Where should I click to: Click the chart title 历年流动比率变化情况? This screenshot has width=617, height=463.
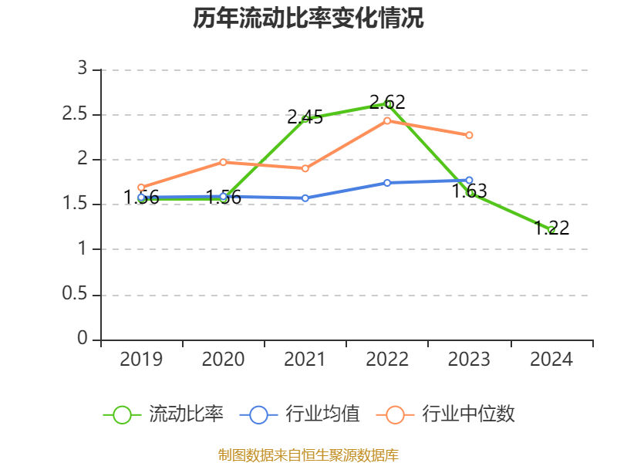(308, 19)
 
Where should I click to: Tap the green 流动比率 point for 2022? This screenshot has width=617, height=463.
(388, 104)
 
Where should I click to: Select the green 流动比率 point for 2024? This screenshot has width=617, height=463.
(551, 229)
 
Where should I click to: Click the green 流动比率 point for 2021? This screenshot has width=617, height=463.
(305, 119)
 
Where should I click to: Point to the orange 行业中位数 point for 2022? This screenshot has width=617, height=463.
(388, 120)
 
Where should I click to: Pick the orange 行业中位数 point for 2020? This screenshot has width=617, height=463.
(224, 162)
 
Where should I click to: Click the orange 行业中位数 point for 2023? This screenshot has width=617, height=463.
(469, 135)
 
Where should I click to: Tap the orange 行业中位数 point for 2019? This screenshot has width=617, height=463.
(141, 187)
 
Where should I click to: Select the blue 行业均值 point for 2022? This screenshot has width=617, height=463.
(387, 183)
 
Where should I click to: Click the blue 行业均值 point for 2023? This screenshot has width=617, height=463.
(469, 180)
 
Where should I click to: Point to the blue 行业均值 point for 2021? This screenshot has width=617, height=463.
(305, 198)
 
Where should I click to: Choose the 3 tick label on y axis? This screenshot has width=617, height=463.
(83, 69)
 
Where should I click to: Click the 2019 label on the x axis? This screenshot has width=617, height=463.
(141, 360)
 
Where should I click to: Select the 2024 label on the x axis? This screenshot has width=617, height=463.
(551, 360)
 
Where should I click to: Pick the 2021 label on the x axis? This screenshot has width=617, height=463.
(305, 360)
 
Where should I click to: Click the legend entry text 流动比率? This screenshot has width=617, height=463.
(186, 414)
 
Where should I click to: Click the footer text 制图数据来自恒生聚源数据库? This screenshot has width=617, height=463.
(308, 455)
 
